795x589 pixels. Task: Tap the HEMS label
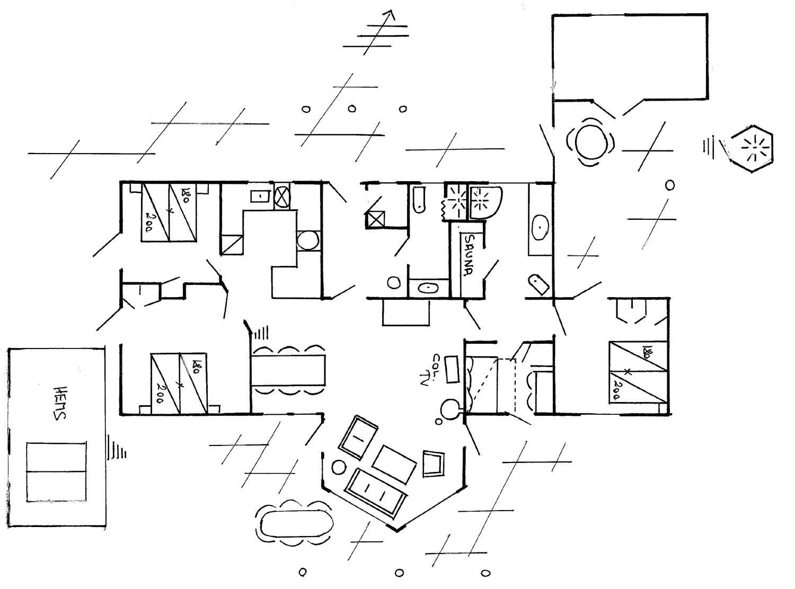click(59, 403)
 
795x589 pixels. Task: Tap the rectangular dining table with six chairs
click(288, 370)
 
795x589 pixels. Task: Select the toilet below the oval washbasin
click(538, 284)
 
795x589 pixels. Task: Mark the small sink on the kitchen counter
click(260, 196)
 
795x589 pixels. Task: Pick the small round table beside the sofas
click(338, 467)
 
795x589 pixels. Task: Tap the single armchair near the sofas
click(434, 463)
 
